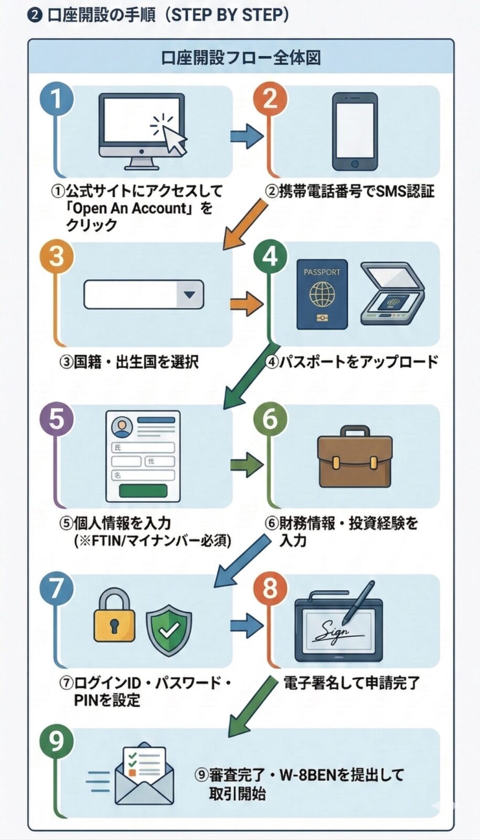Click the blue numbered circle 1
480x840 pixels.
tap(56, 99)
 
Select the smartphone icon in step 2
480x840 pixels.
tap(355, 131)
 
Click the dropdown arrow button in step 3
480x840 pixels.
tap(189, 295)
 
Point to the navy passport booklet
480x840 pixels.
tap(322, 294)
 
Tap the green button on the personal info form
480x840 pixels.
tap(143, 490)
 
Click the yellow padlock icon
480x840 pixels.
tap(114, 616)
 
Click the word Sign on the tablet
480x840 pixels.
tap(335, 631)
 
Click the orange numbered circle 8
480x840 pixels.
tap(270, 588)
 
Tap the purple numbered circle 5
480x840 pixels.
tap(56, 419)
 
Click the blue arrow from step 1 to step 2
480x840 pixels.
tap(246, 136)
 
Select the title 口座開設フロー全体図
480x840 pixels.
tap(241, 57)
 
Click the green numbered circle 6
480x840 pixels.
tap(270, 419)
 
